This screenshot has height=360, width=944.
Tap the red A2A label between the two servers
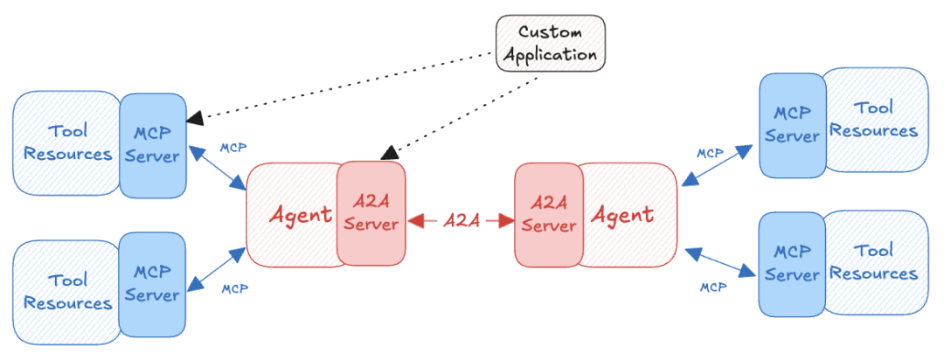coord(460,220)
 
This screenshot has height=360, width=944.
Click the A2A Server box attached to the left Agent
coord(371,212)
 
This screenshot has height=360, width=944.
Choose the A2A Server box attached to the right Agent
coord(548,214)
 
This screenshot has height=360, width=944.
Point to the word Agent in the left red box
coord(299,214)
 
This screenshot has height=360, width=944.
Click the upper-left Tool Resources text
coord(68,143)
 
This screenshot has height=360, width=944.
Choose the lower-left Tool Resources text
coord(68,292)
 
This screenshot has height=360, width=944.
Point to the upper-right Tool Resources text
coord(873,120)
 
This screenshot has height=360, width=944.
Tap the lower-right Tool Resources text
coord(873,262)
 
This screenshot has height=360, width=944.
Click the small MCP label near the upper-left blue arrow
coord(232,147)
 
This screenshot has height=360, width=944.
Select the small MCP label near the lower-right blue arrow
coord(714,287)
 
